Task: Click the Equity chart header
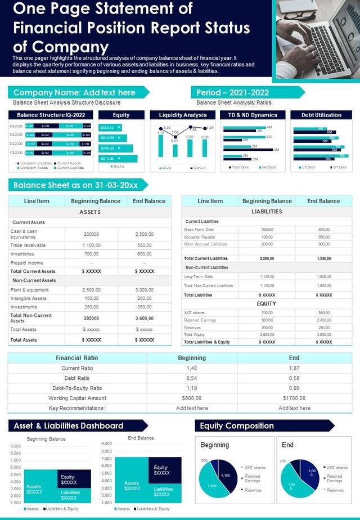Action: coord(121,115)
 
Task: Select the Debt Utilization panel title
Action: coord(321,115)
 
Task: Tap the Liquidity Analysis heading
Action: coord(183,115)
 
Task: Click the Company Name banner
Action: coord(74,92)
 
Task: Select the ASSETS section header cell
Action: coord(90,212)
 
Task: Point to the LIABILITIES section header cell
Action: coord(267,212)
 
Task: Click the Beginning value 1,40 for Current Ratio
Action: coord(192,367)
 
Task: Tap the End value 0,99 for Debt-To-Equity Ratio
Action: coord(294,388)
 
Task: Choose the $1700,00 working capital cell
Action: coord(294,398)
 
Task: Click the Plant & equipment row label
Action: coord(30,289)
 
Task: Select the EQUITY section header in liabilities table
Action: coord(267,303)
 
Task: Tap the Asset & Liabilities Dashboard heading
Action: coord(68,425)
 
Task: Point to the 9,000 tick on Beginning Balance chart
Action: coord(15,446)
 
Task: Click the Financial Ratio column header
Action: coord(76,357)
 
